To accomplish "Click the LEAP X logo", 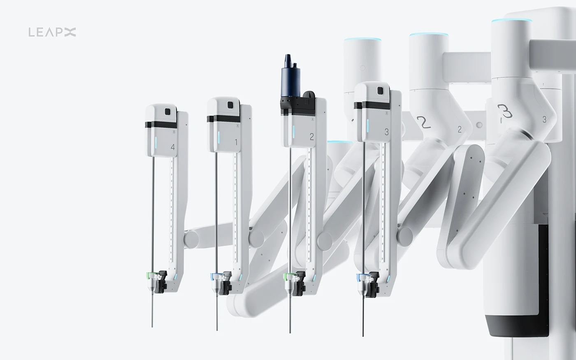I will [x=52, y=32].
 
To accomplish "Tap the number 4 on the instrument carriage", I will [x=172, y=147].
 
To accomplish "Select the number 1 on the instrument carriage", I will [x=236, y=142].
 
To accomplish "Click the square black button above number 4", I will [x=167, y=111].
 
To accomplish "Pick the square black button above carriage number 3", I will [x=381, y=91].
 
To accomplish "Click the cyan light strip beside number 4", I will [x=156, y=142].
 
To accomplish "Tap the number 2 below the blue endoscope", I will [x=311, y=137].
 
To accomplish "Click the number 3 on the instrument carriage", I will [x=386, y=132].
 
